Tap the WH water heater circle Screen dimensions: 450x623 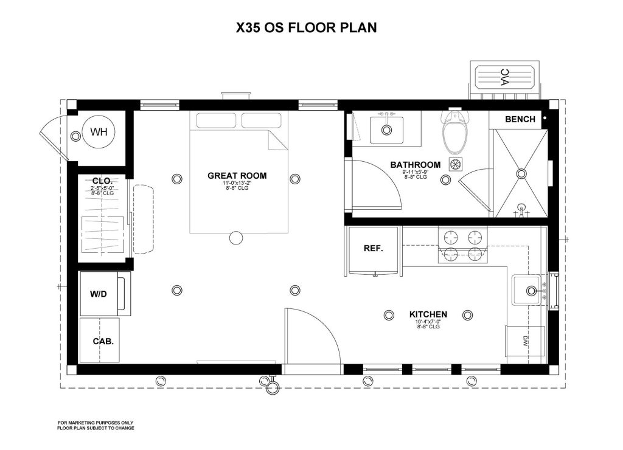(99, 132)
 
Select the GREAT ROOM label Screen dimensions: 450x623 (237, 176)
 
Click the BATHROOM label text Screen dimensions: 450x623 (415, 165)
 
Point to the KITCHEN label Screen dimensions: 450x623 (428, 314)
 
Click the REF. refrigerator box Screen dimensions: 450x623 (372, 249)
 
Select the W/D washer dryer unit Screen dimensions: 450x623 (99, 294)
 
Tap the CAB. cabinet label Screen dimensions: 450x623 (103, 341)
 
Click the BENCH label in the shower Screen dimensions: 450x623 (520, 119)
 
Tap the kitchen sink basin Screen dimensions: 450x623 (527, 290)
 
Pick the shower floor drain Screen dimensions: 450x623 (521, 173)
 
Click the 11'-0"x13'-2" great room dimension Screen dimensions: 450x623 (237, 183)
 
